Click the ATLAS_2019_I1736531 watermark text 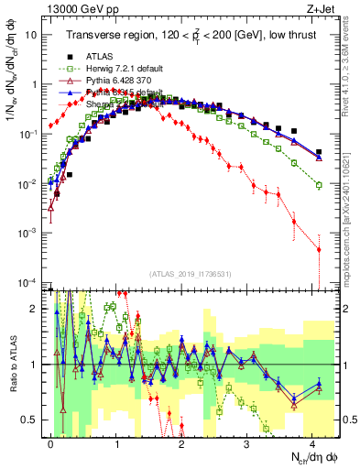(189, 273)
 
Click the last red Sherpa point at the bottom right (318, 249)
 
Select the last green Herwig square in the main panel (318, 185)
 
